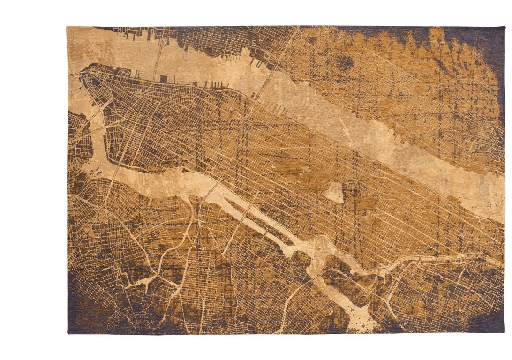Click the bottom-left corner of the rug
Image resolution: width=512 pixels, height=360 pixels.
pyautogui.click(x=69, y=331)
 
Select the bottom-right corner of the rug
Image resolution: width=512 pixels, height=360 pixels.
pyautogui.click(x=503, y=331)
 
